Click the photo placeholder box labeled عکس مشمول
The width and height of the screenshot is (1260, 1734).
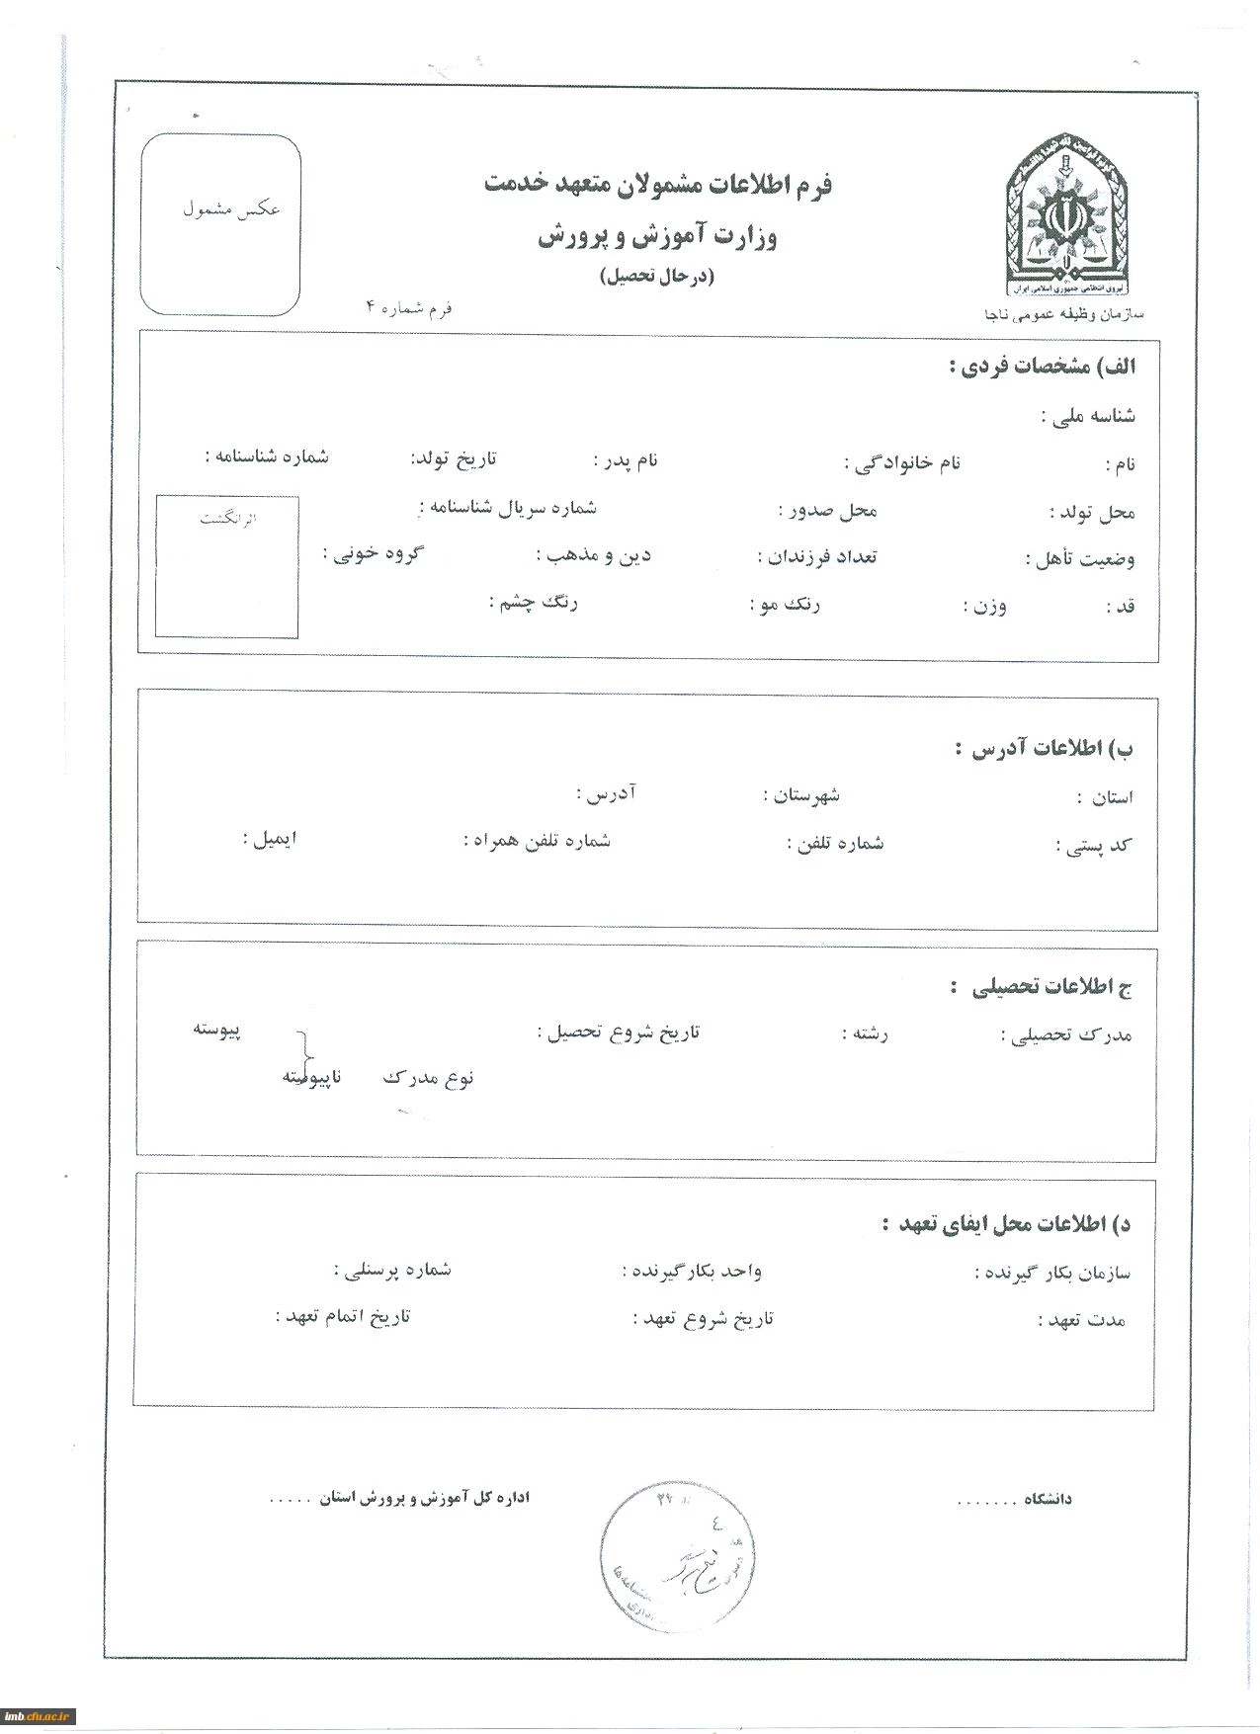(220, 225)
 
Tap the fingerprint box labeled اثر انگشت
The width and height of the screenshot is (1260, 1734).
(226, 567)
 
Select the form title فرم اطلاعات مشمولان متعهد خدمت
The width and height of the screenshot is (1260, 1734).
(658, 185)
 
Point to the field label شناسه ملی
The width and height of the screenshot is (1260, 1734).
(1088, 416)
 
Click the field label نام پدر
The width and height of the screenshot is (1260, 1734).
(626, 460)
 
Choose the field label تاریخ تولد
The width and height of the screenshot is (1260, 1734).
(454, 459)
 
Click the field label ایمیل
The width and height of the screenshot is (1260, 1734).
(270, 840)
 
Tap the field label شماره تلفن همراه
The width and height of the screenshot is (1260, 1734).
(537, 841)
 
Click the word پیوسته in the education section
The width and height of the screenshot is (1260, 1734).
(216, 1030)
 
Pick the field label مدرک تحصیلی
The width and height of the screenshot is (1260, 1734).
(1067, 1035)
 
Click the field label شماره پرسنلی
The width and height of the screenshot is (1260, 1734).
(393, 1270)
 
